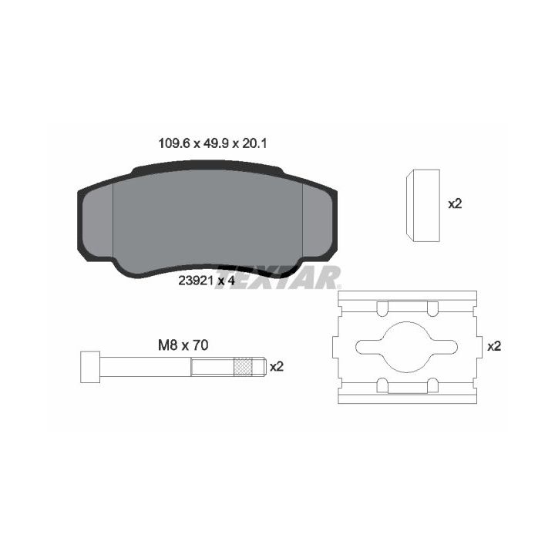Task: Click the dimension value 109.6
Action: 174,143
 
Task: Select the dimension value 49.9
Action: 217,143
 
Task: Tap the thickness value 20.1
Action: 254,143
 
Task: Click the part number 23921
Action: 196,281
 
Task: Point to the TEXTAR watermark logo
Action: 278,277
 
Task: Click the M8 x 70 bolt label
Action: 183,345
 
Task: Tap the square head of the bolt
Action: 90,367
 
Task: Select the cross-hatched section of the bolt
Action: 243,367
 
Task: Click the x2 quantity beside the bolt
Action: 277,367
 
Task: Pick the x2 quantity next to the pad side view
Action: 456,203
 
